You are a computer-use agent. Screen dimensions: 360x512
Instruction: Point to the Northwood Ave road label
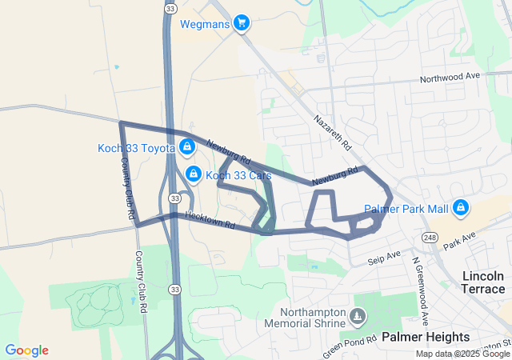point(450,78)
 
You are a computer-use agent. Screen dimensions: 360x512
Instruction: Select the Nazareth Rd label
point(332,133)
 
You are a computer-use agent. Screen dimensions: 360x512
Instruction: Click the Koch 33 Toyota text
point(136,147)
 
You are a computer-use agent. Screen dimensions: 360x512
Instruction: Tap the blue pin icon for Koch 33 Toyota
point(187,146)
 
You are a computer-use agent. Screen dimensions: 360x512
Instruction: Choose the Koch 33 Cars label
point(239,175)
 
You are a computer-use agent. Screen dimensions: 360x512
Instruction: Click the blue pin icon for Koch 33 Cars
point(193,174)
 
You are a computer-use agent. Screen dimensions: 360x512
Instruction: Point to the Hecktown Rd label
point(209,217)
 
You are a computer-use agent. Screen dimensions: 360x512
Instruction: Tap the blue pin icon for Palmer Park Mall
point(460,208)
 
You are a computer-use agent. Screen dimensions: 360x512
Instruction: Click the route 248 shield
point(430,238)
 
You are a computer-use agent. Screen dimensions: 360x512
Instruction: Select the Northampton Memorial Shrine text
point(312,318)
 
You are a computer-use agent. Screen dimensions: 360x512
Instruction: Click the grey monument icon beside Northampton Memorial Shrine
point(358,318)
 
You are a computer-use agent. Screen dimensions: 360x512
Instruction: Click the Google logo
point(26,350)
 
